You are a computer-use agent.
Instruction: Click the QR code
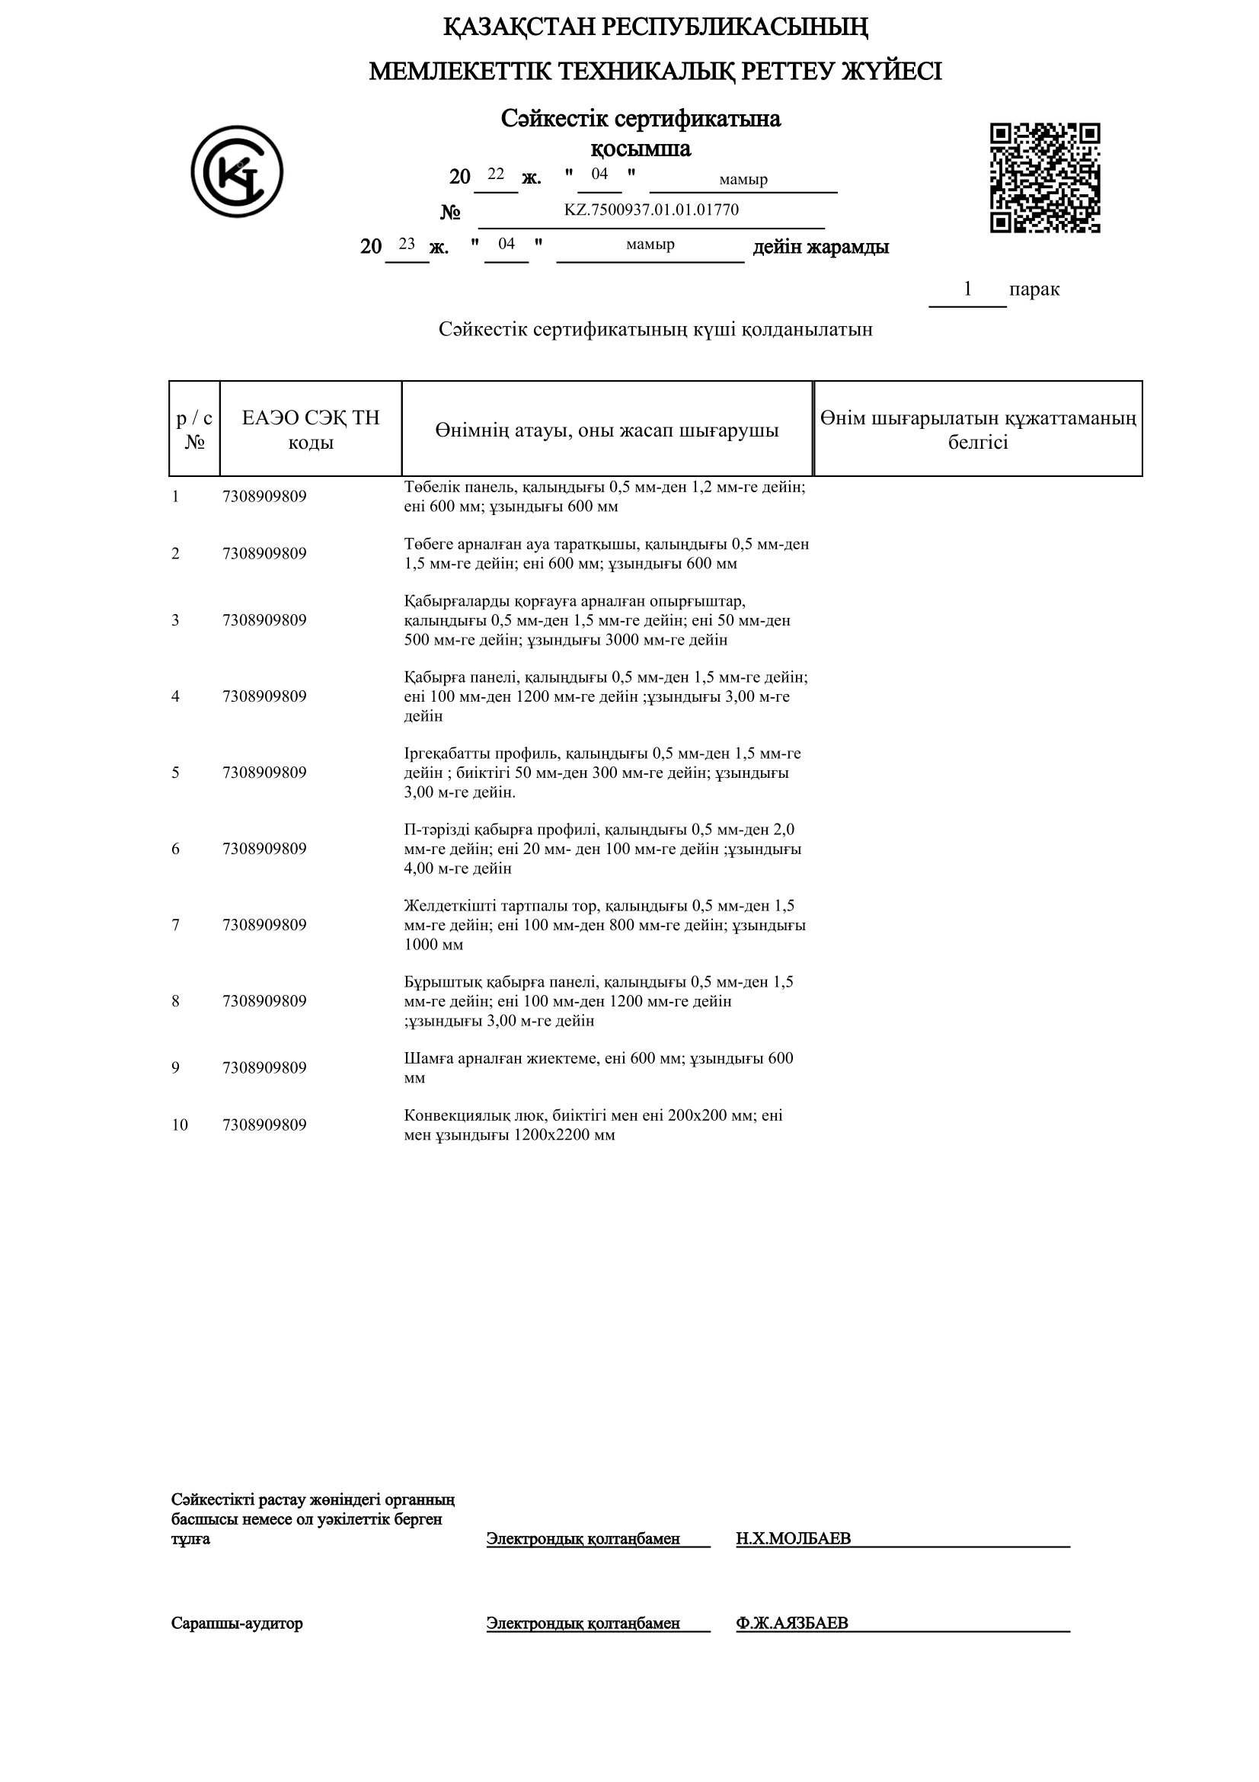pos(1044,178)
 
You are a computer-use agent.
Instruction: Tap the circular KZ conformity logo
pos(237,171)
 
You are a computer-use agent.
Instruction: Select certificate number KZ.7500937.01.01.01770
pos(651,210)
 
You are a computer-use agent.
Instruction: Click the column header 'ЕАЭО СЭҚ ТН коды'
pos(310,429)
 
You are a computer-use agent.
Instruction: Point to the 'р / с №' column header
pos(194,429)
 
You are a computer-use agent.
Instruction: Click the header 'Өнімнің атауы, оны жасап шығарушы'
pos(606,430)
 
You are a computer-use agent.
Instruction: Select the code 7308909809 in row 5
pos(264,773)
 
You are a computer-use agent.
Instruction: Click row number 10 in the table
pos(179,1125)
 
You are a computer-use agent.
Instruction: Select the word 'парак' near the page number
pos(1034,290)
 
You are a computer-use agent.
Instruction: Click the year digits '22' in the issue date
pos(496,174)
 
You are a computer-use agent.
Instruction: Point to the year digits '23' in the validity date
pos(407,244)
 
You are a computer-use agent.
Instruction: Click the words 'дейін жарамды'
pos(820,247)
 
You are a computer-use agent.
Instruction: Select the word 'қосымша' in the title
pos(641,149)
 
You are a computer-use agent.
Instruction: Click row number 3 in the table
pos(175,620)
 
